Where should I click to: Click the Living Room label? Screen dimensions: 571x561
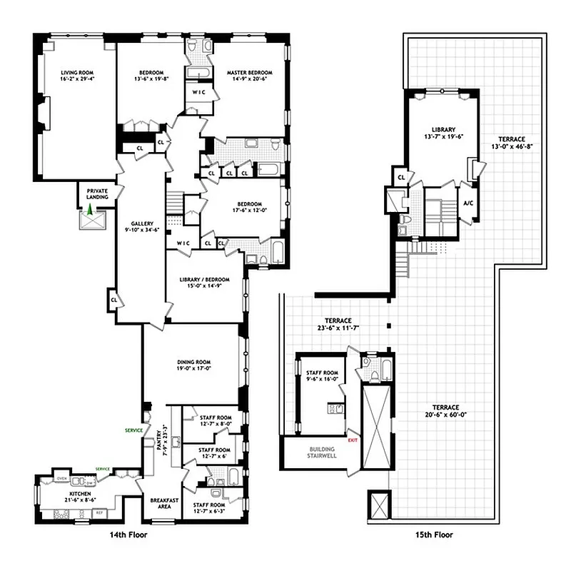[x=77, y=72]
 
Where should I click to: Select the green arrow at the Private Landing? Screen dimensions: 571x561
[x=90, y=211]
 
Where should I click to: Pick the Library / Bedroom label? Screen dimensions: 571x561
[x=204, y=279]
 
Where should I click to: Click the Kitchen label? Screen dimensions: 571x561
[x=80, y=494]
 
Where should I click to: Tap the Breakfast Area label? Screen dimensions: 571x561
[x=159, y=505]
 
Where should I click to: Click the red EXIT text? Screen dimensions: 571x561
[x=352, y=440]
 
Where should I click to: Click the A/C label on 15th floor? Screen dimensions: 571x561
[x=467, y=203]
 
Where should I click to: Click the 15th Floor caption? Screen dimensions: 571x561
[x=434, y=535]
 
